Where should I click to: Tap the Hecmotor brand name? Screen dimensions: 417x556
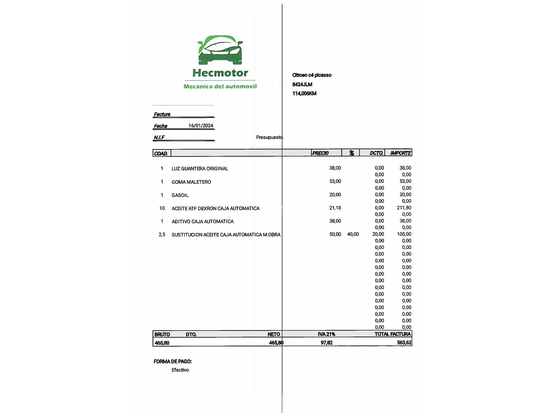[220, 73]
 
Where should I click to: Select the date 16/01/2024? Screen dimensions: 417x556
[201, 126]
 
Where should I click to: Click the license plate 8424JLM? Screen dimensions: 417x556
[302, 84]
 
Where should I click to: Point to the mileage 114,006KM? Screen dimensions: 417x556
[304, 93]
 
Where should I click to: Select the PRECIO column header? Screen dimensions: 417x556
[320, 153]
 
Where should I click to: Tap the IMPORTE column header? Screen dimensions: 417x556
[400, 153]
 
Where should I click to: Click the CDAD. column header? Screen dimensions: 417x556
[161, 153]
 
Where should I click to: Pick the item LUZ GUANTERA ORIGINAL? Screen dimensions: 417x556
[200, 168]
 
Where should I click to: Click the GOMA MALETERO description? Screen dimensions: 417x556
[191, 182]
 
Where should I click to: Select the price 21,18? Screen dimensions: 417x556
[335, 208]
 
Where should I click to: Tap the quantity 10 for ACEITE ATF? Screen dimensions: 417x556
[162, 208]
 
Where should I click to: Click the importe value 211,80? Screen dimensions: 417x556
[404, 208]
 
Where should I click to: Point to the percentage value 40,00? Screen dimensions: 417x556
[353, 234]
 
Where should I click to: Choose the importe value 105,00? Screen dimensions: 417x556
[404, 234]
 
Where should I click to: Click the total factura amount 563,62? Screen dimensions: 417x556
[404, 342]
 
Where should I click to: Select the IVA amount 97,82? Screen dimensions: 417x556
[326, 342]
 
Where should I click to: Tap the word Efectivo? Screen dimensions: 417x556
[180, 370]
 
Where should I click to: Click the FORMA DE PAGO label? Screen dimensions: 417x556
[173, 361]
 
